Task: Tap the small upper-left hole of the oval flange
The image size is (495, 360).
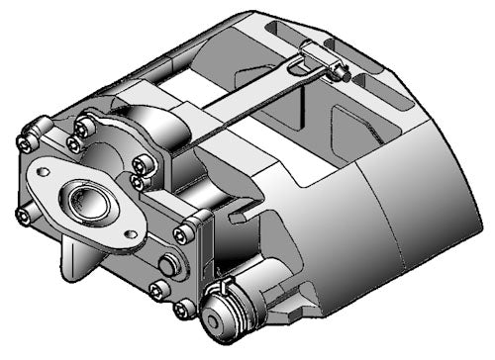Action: pos(44,170)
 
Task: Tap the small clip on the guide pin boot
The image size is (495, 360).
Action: pos(225,288)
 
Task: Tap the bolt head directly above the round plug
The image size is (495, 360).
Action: pos(183,234)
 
